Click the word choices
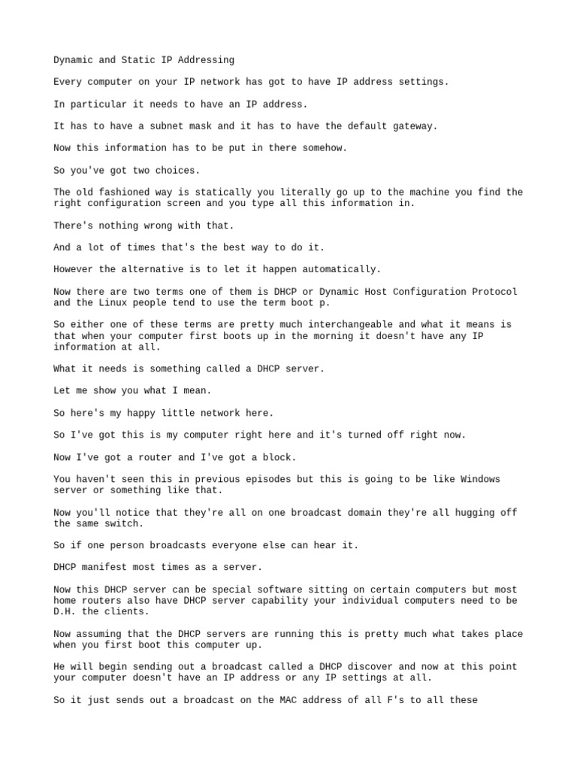click(x=177, y=170)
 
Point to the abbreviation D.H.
click(x=65, y=611)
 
